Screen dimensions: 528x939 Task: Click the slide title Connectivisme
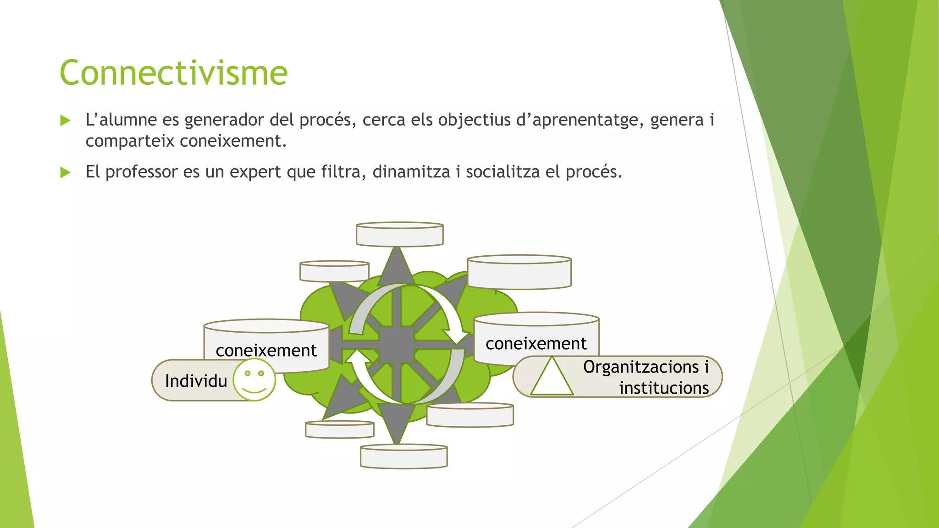point(173,73)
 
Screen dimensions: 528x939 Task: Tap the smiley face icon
point(254,379)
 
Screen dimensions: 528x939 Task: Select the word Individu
point(196,381)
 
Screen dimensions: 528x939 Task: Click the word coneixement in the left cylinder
point(266,351)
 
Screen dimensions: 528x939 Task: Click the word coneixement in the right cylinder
point(536,344)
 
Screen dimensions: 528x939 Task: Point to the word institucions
point(663,388)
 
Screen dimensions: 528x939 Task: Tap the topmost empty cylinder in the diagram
point(399,235)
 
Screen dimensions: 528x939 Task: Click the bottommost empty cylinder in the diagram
point(403,456)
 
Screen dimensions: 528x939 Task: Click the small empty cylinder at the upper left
point(334,271)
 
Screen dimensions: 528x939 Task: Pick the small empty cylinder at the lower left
point(340,429)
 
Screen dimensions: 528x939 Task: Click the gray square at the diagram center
point(397,345)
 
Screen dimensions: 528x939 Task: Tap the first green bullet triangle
point(65,121)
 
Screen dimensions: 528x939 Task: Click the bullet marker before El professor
point(65,173)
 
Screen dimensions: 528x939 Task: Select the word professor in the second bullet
point(141,172)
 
